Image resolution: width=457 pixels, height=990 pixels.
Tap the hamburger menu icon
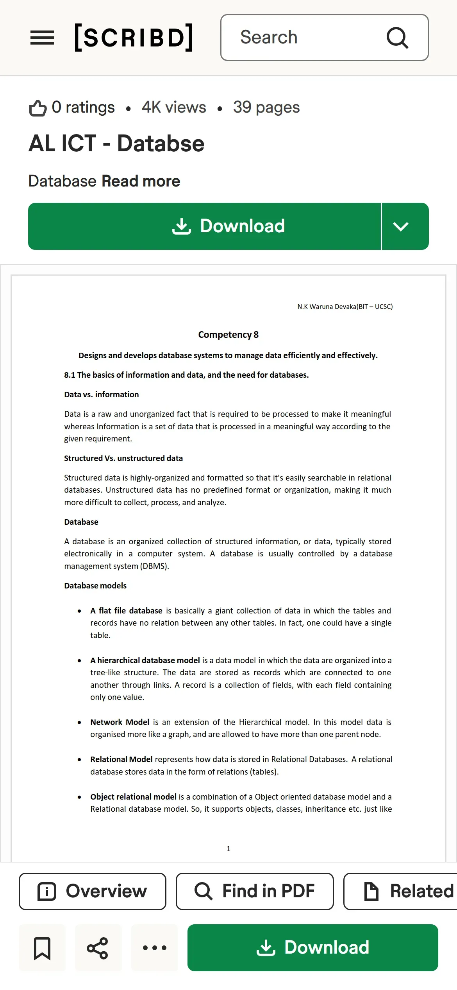[42, 38]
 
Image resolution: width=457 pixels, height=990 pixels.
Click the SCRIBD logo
[134, 38]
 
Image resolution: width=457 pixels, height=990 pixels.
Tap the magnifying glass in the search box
[397, 38]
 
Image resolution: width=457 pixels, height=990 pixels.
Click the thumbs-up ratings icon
[38, 108]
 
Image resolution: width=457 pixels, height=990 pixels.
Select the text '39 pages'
[266, 107]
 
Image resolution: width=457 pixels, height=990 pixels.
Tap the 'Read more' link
[141, 181]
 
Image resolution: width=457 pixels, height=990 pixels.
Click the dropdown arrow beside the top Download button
[401, 226]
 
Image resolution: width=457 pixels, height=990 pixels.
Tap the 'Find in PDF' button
[255, 891]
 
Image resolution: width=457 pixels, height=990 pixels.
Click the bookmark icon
[42, 948]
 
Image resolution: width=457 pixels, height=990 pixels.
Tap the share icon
[98, 948]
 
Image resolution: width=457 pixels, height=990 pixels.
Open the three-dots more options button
[155, 948]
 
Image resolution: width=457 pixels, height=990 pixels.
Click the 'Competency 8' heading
[228, 335]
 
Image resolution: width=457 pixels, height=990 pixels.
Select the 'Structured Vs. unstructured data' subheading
[123, 458]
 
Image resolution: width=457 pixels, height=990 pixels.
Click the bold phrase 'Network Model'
[120, 722]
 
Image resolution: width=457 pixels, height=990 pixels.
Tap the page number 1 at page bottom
[228, 848]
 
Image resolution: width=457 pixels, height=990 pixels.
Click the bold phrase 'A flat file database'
[126, 611]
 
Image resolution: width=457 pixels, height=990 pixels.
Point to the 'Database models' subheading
[95, 586]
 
